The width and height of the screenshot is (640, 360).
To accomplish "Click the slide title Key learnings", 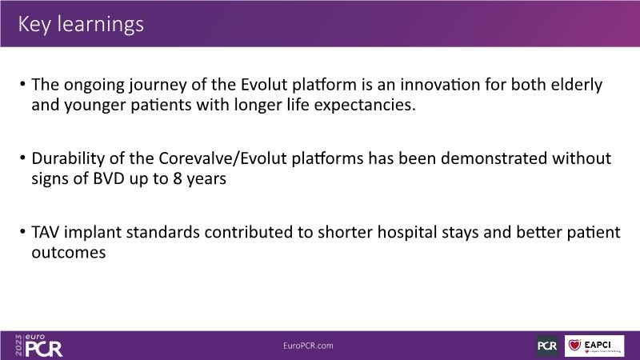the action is click(81, 24).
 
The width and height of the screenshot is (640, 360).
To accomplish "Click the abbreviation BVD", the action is click(109, 178).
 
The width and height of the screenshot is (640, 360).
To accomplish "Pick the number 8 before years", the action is click(177, 178).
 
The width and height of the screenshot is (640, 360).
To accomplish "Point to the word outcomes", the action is click(69, 253).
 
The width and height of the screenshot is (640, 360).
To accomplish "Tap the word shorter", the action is click(345, 232).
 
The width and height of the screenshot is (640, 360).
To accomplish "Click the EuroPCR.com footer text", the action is click(308, 346).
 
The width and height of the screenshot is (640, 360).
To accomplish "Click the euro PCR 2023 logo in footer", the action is click(38, 346).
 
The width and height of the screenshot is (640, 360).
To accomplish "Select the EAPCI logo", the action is click(594, 346).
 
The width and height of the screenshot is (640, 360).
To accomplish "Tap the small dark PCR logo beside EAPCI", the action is click(547, 346).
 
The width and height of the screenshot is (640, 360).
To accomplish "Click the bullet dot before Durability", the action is click(22, 158).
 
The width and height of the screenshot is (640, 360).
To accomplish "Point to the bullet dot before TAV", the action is click(22, 231).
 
